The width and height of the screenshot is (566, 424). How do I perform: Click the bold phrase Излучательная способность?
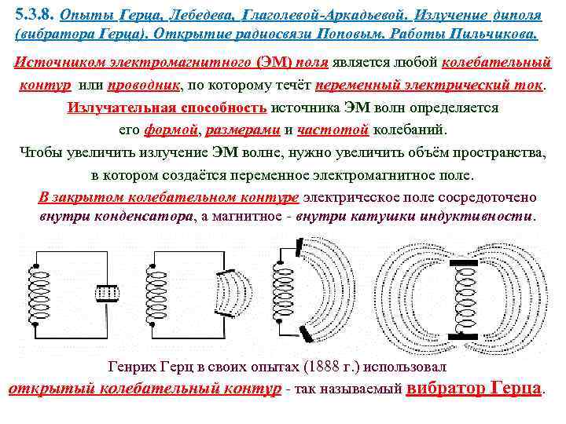point(167,108)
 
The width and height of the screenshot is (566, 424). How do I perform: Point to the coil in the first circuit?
point(35,290)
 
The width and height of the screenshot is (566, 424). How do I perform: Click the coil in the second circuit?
point(152,290)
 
